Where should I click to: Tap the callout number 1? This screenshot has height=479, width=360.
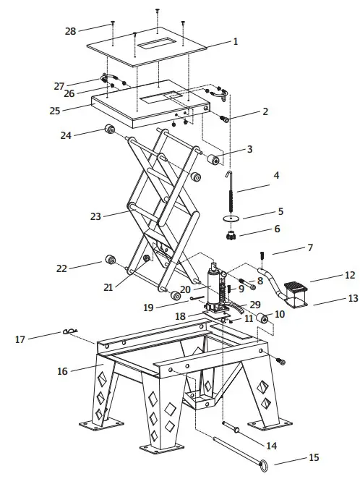point(235,42)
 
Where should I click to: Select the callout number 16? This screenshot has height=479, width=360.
point(63,371)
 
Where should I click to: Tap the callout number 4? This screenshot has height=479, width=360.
point(275,175)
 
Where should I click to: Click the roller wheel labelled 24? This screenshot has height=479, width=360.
point(111,130)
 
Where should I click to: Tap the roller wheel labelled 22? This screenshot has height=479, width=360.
point(111,260)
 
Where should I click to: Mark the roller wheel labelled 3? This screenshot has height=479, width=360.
point(214,159)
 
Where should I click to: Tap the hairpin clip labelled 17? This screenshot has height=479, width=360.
point(70,332)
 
